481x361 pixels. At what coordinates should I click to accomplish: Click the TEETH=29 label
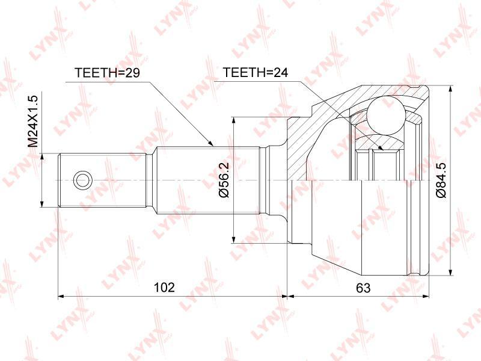(x=107, y=73)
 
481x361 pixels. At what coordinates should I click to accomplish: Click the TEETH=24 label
(x=255, y=72)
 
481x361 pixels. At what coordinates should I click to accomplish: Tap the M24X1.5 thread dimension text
(x=32, y=121)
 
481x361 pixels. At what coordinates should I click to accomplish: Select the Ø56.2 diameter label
(x=224, y=179)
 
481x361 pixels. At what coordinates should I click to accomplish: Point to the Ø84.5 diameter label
(x=442, y=181)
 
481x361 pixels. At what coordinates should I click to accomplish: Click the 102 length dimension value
(x=164, y=287)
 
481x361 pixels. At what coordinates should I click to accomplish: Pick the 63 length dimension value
(x=363, y=288)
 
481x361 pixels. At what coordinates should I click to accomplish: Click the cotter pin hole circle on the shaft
(x=82, y=180)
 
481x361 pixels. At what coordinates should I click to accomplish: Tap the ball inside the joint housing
(x=385, y=114)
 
